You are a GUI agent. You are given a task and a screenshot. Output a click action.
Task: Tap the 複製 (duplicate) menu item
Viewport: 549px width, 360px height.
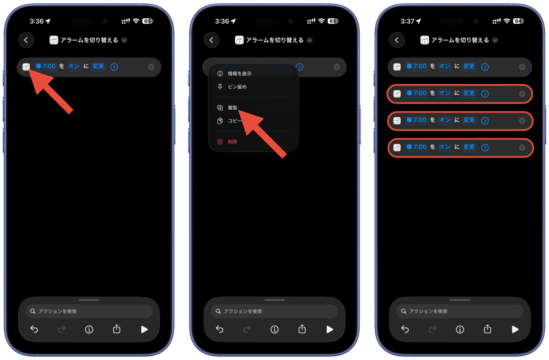(x=232, y=107)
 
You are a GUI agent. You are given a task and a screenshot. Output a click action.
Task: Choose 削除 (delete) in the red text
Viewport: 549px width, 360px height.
(x=232, y=142)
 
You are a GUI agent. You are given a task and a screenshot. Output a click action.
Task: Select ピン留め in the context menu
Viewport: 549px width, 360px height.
(x=237, y=87)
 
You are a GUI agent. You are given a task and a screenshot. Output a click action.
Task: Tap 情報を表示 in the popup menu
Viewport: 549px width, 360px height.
(x=239, y=74)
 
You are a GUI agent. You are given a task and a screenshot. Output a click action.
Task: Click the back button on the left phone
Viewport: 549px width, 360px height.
(x=26, y=40)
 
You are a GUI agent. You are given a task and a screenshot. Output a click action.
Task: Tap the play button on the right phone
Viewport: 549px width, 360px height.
(x=515, y=329)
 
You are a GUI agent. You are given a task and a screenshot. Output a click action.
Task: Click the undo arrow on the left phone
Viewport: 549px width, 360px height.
(x=34, y=329)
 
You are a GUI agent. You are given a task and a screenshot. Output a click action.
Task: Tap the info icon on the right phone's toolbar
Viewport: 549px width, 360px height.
(x=460, y=329)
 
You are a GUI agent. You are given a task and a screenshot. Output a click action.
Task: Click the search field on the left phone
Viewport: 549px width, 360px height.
(x=89, y=311)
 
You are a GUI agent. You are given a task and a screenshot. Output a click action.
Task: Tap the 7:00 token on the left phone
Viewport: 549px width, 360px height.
(x=46, y=66)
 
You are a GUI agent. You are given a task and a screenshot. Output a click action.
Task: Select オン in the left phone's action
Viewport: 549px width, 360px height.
(x=74, y=66)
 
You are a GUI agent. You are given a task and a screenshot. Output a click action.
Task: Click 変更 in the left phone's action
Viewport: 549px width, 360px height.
(x=98, y=66)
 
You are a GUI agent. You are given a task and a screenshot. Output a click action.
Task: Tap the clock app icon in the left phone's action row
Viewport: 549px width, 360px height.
(x=26, y=67)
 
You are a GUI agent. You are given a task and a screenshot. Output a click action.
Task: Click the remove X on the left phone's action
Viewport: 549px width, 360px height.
(x=151, y=67)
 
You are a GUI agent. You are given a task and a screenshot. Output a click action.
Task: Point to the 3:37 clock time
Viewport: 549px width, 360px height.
(x=407, y=21)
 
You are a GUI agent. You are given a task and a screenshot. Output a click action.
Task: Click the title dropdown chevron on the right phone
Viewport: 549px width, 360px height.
(x=495, y=40)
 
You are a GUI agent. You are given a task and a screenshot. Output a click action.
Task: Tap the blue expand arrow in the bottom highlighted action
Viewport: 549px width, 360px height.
(x=485, y=148)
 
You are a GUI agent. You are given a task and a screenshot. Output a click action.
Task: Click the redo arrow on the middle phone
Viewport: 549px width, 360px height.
(x=247, y=329)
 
